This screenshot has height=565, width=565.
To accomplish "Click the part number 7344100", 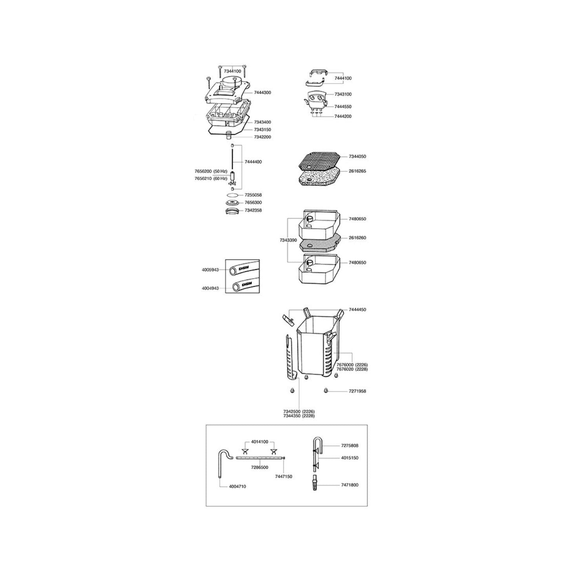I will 233,71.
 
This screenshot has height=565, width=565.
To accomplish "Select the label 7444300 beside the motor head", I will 262,93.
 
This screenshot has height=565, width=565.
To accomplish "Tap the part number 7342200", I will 262,137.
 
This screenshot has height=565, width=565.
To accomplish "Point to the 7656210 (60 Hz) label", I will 211,179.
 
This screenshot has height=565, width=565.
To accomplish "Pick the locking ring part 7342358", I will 232,211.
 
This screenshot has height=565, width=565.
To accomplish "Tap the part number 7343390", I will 288,240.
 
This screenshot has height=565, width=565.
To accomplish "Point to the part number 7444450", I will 357,310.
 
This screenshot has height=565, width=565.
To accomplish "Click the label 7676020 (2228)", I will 352,369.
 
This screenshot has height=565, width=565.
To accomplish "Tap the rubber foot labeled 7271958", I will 326,391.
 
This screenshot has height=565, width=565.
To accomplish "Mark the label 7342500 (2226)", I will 299,411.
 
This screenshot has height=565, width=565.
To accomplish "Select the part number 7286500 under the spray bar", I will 259,467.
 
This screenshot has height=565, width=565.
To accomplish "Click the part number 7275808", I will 349,446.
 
